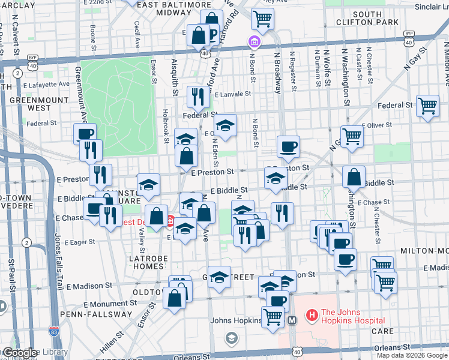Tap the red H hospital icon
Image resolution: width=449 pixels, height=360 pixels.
tap(312, 314)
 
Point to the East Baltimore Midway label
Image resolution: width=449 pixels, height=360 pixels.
tap(164, 8)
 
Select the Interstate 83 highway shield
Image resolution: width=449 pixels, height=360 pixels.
tap(53, 330)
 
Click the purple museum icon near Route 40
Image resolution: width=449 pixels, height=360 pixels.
tap(254, 41)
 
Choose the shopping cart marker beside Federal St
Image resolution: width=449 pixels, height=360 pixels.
tap(427, 106)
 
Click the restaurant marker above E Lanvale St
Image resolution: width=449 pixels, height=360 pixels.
tap(197, 97)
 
